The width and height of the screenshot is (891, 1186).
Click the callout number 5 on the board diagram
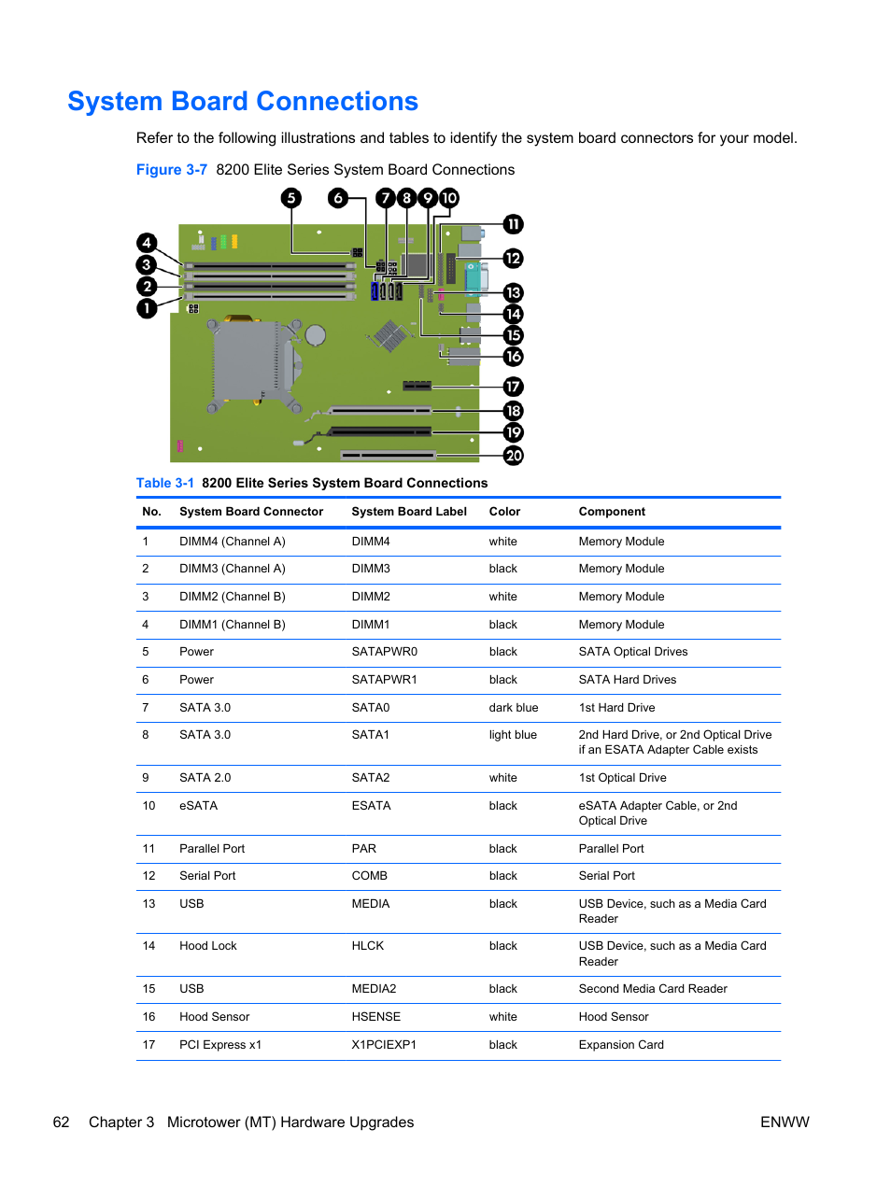point(291,198)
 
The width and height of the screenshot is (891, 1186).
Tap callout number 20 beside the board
point(514,456)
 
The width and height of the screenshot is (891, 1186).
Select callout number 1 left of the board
point(147,308)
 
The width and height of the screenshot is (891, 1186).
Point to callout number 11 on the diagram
point(514,224)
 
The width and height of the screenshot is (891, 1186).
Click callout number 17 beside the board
point(514,387)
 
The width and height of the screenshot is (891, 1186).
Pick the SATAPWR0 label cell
point(384,652)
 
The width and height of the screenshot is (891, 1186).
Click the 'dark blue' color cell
point(513,708)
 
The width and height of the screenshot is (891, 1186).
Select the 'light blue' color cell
point(513,735)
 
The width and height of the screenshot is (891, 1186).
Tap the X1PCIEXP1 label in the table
point(383,1045)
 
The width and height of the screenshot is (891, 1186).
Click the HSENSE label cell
point(375,1017)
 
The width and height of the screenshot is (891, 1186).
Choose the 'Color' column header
point(504,512)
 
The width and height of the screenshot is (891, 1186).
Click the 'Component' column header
point(612,512)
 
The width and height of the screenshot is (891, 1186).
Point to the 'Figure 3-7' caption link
point(172,170)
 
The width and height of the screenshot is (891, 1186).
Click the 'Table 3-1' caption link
point(165,483)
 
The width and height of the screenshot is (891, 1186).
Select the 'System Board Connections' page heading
point(243,101)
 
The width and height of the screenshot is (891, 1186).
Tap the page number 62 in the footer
point(62,1122)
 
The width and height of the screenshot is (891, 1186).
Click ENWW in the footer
point(785,1122)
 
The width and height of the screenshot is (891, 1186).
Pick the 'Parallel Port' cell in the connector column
point(212,849)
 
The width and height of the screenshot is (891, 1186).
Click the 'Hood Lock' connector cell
point(207,946)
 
